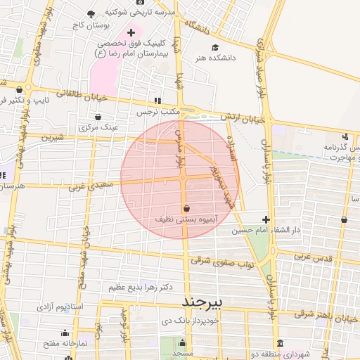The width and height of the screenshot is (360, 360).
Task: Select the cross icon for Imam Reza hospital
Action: coord(131,33)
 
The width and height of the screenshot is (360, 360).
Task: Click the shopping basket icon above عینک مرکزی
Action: coord(97,117)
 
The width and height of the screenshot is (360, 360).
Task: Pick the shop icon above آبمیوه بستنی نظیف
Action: coord(186,209)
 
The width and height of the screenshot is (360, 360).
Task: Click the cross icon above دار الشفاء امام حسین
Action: coord(265,219)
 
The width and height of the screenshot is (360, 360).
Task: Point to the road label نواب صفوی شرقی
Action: coord(215,261)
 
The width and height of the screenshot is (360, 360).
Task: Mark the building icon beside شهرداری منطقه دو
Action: coord(281,343)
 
